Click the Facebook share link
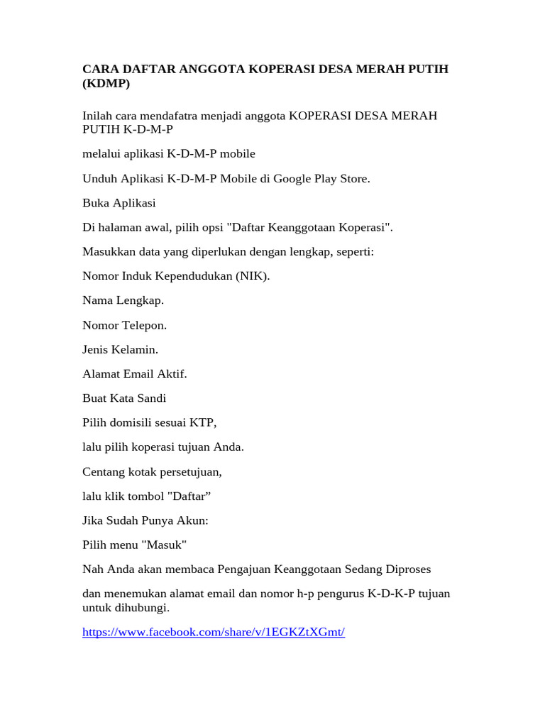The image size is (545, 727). [x=214, y=632]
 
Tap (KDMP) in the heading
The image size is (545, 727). [x=107, y=84]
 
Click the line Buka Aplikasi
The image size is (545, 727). [x=119, y=203]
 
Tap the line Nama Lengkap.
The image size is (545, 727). [x=123, y=300]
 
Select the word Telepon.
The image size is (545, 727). [x=145, y=325]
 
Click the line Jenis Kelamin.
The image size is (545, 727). [x=121, y=349]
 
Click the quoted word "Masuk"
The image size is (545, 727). [x=164, y=545]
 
